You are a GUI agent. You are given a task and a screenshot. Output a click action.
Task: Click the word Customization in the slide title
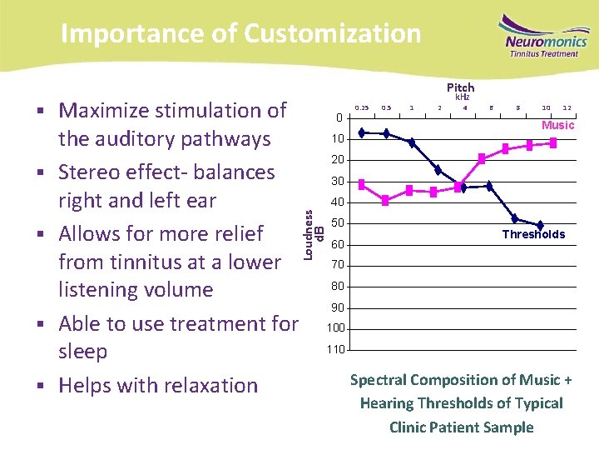(x=332, y=33)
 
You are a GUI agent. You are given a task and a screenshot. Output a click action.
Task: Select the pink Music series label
(x=557, y=125)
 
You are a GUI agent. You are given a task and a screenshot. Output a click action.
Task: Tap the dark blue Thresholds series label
(x=533, y=234)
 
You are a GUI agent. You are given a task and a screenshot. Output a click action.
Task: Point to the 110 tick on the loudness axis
(x=335, y=349)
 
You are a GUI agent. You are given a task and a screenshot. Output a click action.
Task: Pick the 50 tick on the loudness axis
(x=338, y=223)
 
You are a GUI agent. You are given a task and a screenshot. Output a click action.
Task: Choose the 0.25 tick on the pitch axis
(x=362, y=107)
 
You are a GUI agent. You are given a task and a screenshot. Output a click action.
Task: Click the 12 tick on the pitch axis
(x=567, y=107)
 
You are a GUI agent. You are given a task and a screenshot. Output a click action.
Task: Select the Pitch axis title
(x=460, y=87)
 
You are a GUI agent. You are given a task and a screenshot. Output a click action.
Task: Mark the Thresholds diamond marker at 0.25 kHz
(x=362, y=132)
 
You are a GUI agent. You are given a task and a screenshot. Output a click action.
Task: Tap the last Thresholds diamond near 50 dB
(x=540, y=226)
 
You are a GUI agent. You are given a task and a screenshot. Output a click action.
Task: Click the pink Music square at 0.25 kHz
(x=362, y=182)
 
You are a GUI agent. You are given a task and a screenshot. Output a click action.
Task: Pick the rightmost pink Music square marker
(x=553, y=143)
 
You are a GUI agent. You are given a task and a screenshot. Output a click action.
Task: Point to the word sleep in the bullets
(x=83, y=351)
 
